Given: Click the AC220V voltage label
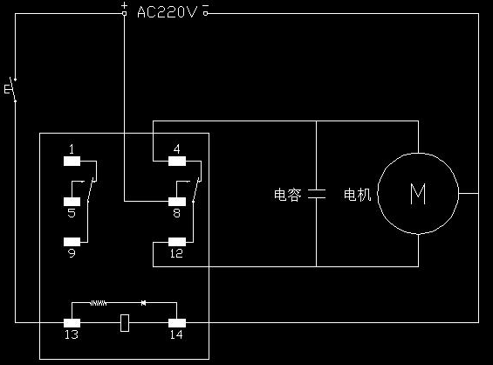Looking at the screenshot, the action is (167, 12).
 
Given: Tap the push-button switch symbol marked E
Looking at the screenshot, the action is (11, 89).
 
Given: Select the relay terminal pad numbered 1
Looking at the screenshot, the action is (72, 161).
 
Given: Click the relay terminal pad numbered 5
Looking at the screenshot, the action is (72, 202).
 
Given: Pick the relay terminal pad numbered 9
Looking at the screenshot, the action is (72, 242).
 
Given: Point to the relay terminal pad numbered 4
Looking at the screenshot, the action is (177, 161).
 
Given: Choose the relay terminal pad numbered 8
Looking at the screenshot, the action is (177, 202).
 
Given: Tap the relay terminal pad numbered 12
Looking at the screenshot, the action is (177, 242).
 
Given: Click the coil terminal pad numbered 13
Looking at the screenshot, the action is (72, 323).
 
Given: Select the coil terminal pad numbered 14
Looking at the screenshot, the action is (177, 323).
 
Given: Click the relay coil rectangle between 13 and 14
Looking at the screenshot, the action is (125, 323).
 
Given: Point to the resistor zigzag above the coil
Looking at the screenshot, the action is (99, 303).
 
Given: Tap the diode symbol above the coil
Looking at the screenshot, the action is (143, 303).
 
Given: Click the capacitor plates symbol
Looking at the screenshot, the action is (317, 194).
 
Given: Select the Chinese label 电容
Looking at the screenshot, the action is (287, 195).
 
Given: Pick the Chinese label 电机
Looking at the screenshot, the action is (357, 195).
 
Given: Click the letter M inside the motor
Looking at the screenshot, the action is (418, 194).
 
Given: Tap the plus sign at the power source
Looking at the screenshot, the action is (125, 5).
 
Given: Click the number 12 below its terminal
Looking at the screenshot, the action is (176, 253).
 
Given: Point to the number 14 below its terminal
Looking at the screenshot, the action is (176, 334).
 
